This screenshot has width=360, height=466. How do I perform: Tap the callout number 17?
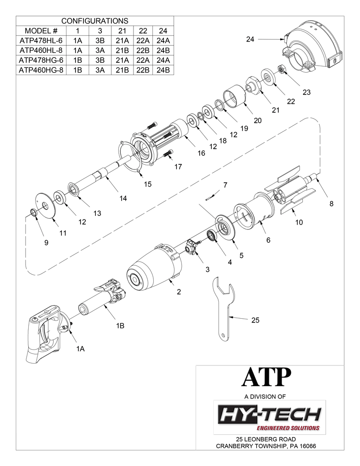177,166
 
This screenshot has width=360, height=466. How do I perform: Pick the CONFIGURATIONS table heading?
95,21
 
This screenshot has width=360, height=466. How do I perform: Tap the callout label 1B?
120,326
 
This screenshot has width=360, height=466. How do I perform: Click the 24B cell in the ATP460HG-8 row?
163,70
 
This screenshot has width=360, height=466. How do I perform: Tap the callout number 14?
123,199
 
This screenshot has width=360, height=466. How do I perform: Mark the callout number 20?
258,120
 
